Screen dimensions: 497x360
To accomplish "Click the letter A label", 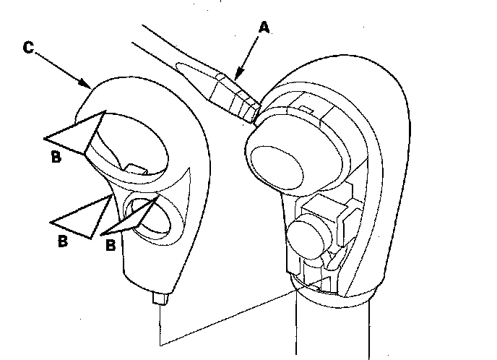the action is pos(264,27).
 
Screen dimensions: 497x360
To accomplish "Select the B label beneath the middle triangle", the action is pos(63,241).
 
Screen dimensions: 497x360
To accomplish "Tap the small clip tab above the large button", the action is pos(304,109).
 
